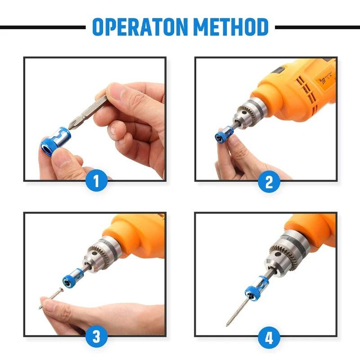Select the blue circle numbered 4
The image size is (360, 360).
(x=269, y=337)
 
